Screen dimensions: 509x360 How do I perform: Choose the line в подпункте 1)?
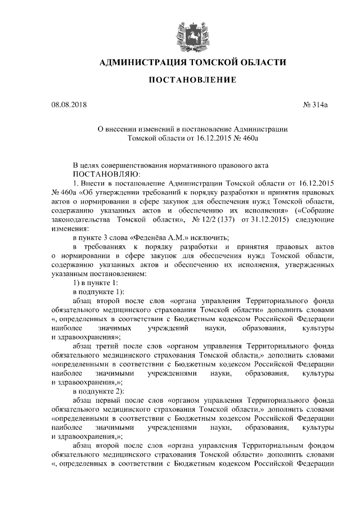point(99,291)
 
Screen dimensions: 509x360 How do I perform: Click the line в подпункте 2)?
point(99,391)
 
